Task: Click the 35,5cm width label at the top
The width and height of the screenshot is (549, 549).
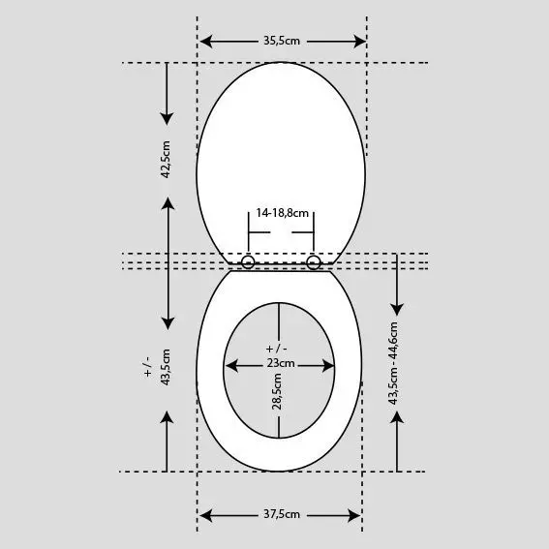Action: click(x=281, y=42)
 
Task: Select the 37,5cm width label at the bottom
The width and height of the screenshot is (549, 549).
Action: click(x=281, y=514)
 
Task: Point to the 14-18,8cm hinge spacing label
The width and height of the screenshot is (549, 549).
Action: click(x=282, y=212)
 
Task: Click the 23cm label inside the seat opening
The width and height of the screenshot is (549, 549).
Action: click(x=281, y=364)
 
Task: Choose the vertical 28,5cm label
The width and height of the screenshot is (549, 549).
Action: click(x=277, y=395)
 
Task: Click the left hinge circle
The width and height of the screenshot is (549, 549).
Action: click(x=248, y=261)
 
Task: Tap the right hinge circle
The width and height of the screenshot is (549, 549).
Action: click(x=314, y=261)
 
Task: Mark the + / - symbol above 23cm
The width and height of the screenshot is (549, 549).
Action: click(x=277, y=349)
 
